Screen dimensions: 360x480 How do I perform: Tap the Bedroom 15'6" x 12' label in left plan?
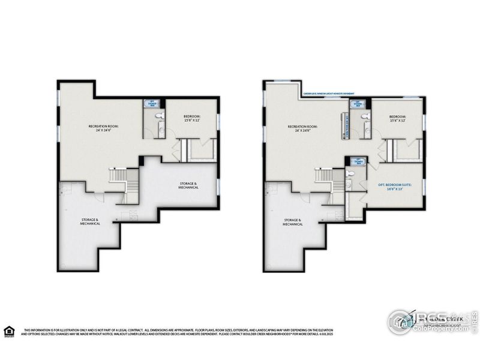coord(191,118)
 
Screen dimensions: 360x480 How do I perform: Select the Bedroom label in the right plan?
coord(397,118)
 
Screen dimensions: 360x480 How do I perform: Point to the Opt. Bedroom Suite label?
coord(395,187)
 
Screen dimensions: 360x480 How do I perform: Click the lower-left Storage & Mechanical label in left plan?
coord(91,222)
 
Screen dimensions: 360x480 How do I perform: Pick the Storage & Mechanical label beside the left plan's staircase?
coord(188,185)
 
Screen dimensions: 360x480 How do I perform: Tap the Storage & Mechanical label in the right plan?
coord(293,222)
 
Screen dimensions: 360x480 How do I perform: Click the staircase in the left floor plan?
coord(116,178)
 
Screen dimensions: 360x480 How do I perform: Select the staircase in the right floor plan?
coord(324,178)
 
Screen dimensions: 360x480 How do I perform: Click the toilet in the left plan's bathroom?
coord(158,116)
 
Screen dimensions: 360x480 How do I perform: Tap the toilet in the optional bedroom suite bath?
coord(356,172)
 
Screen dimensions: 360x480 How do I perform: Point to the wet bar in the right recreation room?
coord(346,126)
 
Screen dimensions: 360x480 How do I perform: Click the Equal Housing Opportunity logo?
coord(9,331)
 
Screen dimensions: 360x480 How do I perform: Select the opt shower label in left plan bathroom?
coord(151,103)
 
